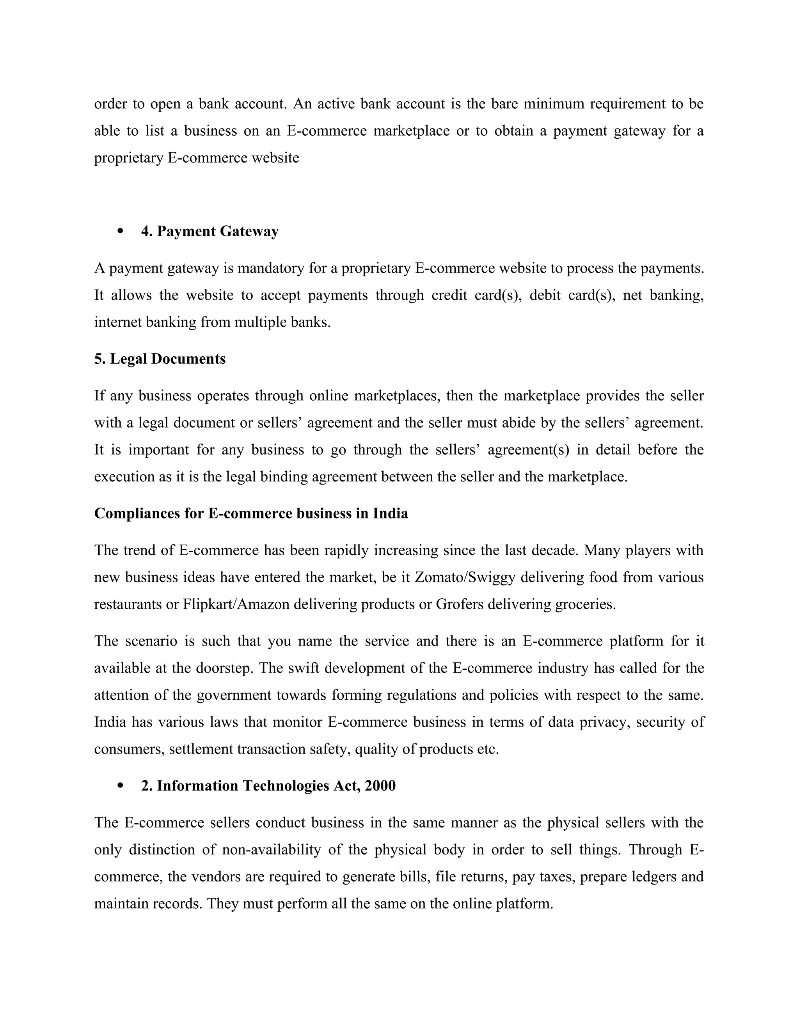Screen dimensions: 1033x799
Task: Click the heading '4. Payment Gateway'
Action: [210, 231]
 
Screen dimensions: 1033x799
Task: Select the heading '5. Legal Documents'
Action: [160, 359]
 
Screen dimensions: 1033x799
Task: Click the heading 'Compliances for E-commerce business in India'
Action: [251, 513]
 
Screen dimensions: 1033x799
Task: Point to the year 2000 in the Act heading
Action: [380, 785]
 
